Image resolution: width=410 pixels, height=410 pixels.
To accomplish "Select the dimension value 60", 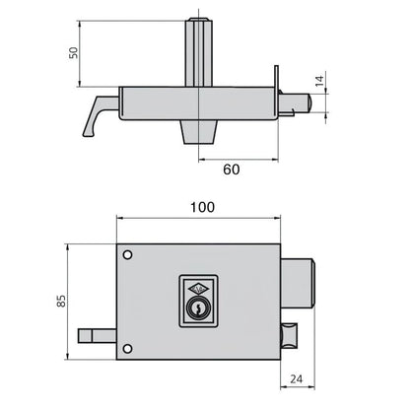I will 230,169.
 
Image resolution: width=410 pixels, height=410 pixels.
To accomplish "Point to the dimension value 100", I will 201,209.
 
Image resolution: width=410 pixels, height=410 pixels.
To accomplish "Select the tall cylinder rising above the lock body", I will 201,54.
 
